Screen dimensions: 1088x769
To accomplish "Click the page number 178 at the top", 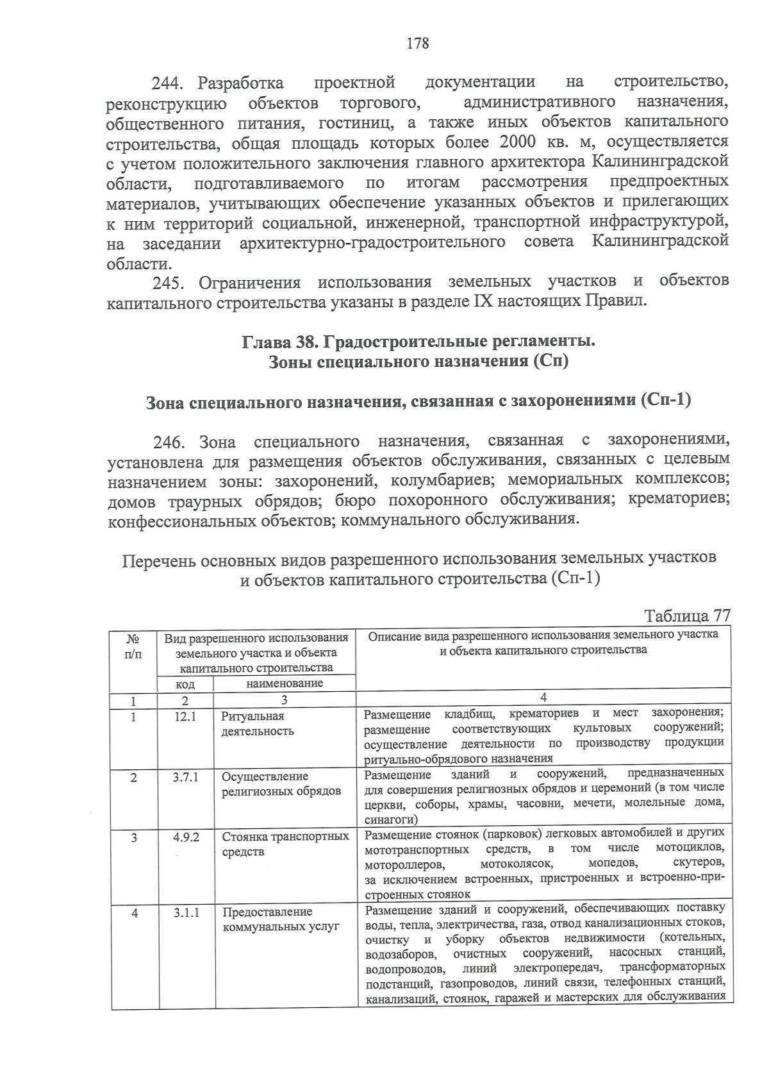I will [x=417, y=44].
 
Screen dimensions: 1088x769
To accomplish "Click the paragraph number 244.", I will [x=167, y=84].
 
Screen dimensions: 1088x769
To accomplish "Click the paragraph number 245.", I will [x=169, y=283].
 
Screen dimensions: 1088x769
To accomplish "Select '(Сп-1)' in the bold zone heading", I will [x=666, y=401].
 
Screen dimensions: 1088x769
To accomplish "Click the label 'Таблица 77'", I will [x=687, y=615].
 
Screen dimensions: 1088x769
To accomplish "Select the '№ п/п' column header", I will [x=133, y=646].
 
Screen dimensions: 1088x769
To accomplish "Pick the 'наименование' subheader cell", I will [x=285, y=683].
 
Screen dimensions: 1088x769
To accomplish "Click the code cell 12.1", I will [x=185, y=716].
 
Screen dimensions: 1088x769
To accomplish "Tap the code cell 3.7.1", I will [x=185, y=776].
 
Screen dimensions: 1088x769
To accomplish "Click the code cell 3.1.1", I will [x=186, y=912].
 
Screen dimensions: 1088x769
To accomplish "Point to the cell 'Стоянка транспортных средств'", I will [x=285, y=844].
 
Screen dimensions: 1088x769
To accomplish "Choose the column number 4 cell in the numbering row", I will [x=543, y=697].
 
